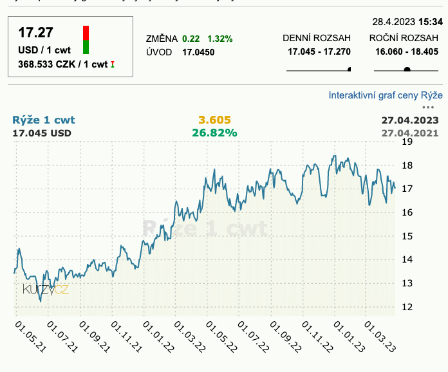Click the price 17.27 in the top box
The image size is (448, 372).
pos(35,33)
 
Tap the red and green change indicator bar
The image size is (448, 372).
pos(86,40)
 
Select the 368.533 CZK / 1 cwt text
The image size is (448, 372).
pos(63,64)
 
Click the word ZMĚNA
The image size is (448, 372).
pos(162,39)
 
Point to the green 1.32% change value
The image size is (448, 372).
pos(219,39)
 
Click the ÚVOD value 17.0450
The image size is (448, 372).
pos(198,52)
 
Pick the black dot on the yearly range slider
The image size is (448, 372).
pos(407,70)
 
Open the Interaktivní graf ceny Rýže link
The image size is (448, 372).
pos(386,95)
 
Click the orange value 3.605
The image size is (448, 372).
pos(214,120)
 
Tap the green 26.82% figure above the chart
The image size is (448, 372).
pos(214,133)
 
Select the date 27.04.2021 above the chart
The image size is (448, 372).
pos(410,133)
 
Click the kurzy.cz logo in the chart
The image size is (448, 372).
pos(45,290)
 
